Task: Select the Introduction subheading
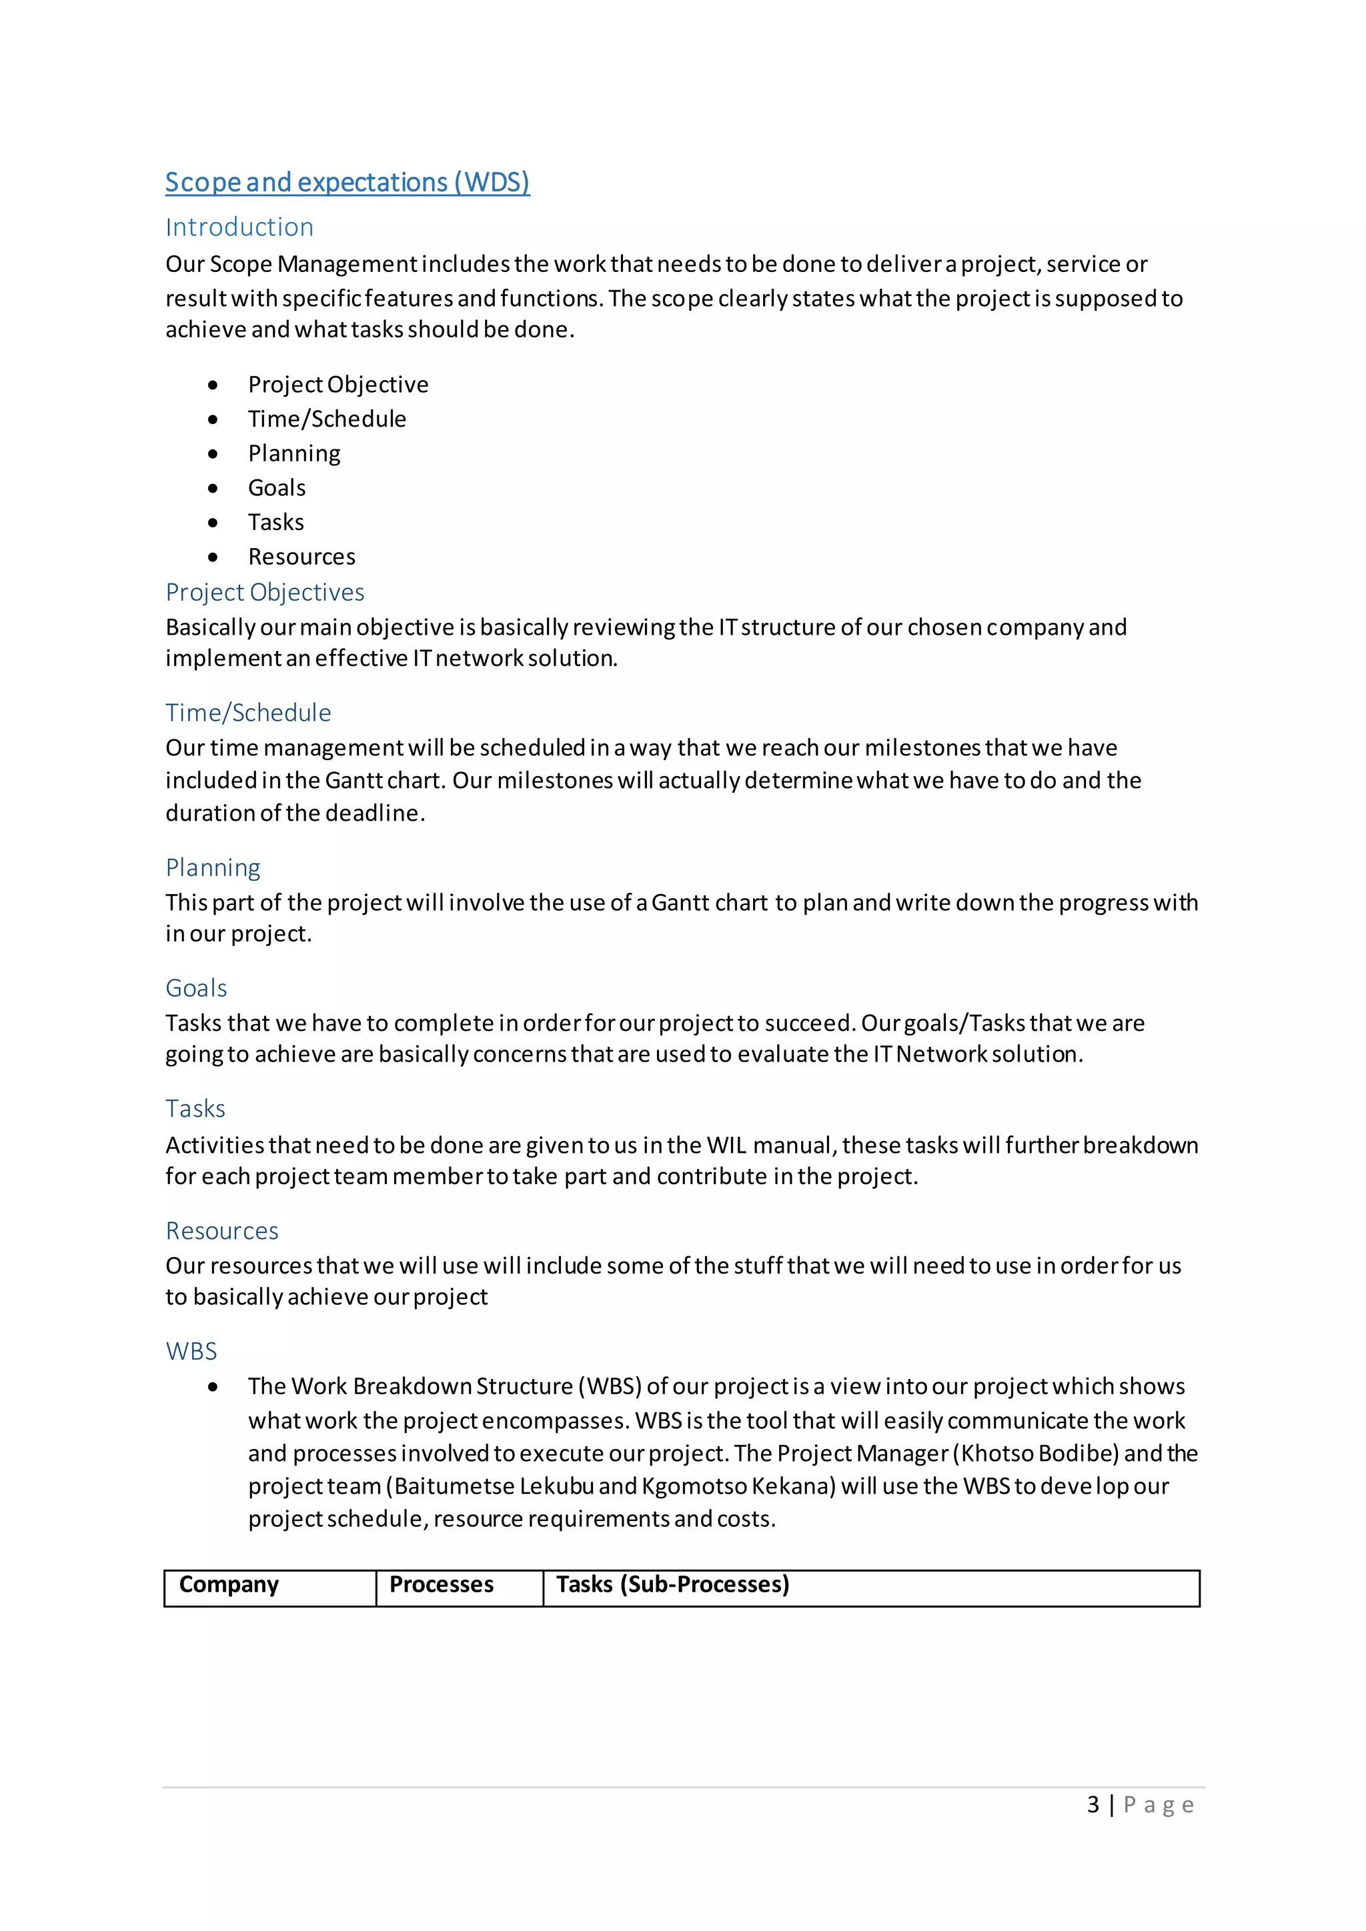point(239,227)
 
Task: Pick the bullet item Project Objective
point(337,384)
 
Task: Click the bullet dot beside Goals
point(213,488)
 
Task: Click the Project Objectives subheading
point(264,592)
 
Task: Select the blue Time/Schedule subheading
point(248,712)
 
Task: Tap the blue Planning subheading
point(213,867)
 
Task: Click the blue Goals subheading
point(196,988)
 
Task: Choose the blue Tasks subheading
point(195,1108)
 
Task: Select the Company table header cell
point(229,1584)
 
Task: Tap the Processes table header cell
point(441,1584)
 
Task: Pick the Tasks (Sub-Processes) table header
point(672,1584)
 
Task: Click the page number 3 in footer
point(1093,1805)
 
